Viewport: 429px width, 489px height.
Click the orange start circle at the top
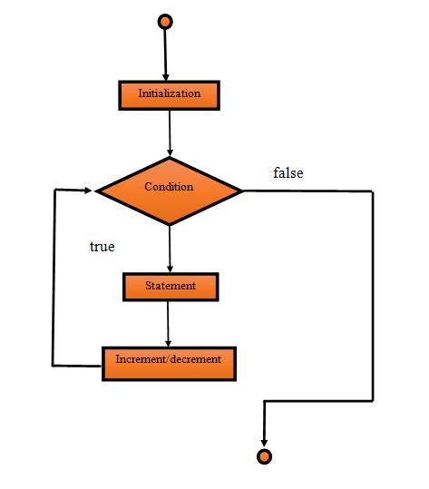point(164,21)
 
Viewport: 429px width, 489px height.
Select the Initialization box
point(169,93)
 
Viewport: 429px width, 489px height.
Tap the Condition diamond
point(170,191)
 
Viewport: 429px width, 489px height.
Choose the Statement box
point(171,287)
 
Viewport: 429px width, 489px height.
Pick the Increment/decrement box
point(168,359)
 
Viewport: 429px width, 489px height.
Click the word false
point(288,172)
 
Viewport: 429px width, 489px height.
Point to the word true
point(102,246)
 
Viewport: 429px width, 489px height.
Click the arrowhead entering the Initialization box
point(166,77)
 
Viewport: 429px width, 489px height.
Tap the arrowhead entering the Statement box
point(170,269)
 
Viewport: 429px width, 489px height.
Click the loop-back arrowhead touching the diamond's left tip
point(89,191)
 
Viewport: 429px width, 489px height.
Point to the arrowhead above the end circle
point(264,441)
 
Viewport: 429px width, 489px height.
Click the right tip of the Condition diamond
point(242,191)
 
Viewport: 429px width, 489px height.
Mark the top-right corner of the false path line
point(372,191)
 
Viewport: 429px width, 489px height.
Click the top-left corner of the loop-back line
point(54,191)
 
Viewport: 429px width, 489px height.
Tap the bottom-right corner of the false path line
point(372,400)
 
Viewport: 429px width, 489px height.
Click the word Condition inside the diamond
point(170,187)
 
